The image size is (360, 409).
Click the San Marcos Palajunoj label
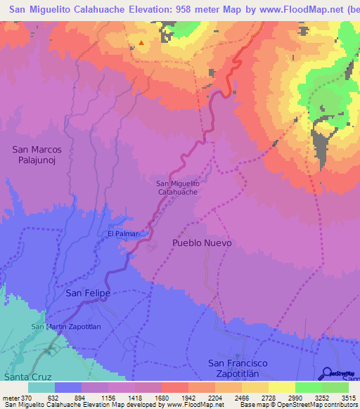coord(38,155)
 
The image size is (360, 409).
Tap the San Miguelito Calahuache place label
coord(177,187)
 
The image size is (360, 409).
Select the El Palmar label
coord(122,233)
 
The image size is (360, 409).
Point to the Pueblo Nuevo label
coord(202,242)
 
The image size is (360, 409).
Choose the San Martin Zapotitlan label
coord(67,327)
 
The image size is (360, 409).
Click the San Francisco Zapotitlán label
coord(239,368)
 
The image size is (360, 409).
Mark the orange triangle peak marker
coord(141,43)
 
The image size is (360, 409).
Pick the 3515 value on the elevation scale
coord(349,397)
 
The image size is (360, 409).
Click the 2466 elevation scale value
coord(242,397)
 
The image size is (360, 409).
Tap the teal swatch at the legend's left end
coord(41,387)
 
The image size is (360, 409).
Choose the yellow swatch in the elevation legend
coord(281,387)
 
